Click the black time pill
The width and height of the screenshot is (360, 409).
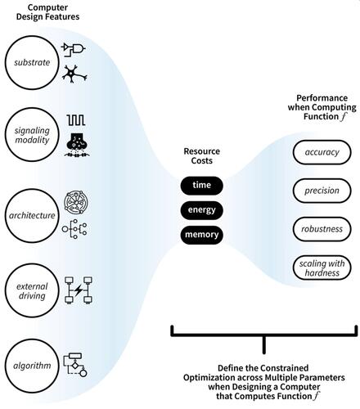click(x=202, y=186)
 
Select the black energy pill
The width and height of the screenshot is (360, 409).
click(x=202, y=210)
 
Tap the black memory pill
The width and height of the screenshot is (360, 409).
click(x=202, y=235)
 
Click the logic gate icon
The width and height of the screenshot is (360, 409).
click(x=74, y=49)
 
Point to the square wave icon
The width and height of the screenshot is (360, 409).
click(x=76, y=120)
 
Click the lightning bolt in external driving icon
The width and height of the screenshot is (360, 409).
click(x=79, y=290)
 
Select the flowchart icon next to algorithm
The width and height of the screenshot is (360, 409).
click(x=75, y=365)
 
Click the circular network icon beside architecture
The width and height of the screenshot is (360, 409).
click(x=76, y=202)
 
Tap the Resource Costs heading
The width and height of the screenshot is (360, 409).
click(x=202, y=155)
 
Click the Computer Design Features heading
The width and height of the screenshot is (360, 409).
click(x=47, y=12)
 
